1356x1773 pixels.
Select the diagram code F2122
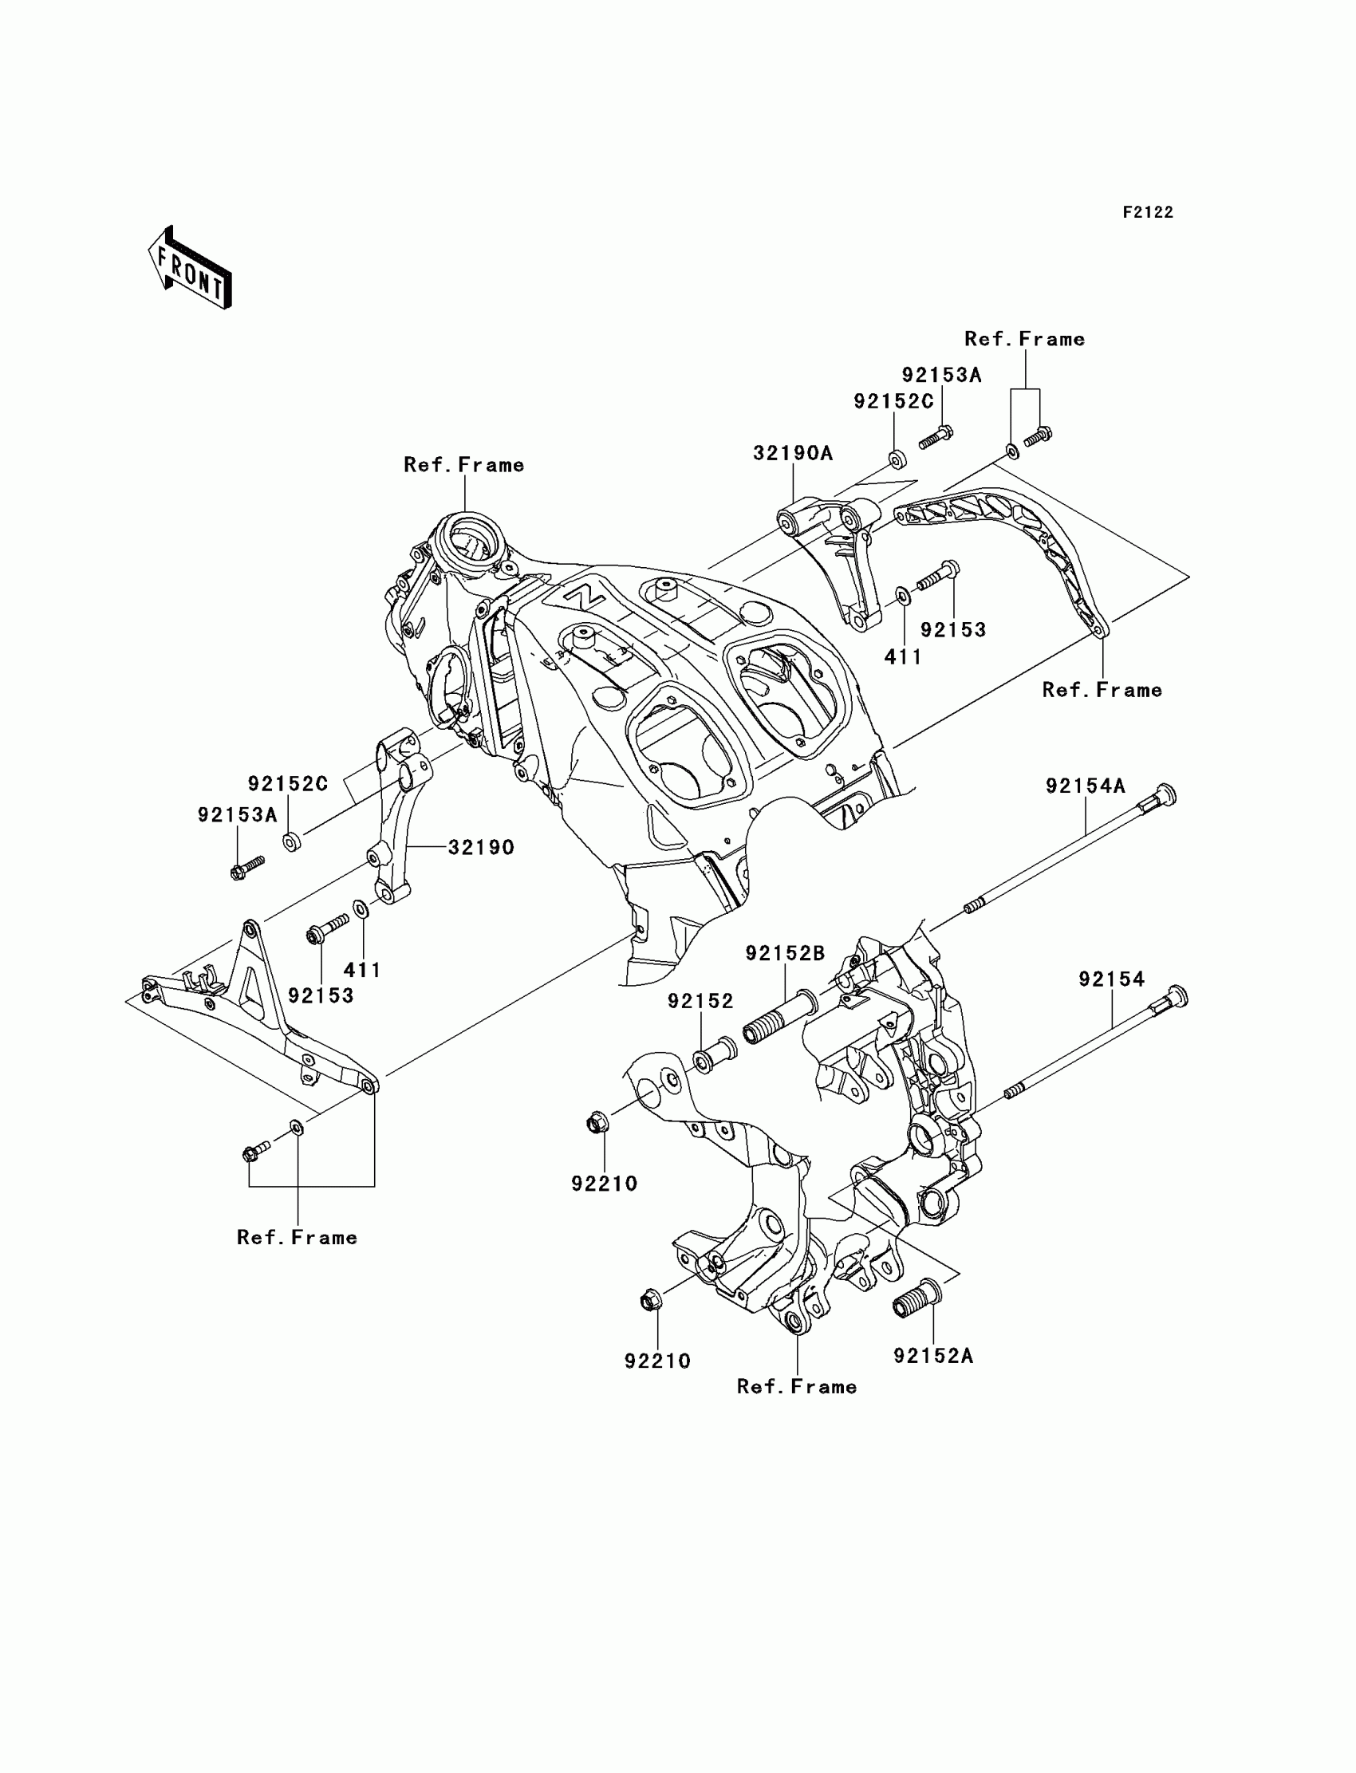click(1148, 213)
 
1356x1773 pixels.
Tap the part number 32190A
click(793, 454)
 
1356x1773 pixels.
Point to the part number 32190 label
click(481, 847)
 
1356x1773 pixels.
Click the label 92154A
click(1085, 786)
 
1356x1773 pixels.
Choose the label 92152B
click(785, 954)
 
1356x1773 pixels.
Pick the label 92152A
click(933, 1357)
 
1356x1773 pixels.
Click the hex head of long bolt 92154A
click(1165, 795)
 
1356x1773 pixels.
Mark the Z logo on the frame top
click(585, 598)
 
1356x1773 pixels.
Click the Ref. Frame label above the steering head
click(464, 465)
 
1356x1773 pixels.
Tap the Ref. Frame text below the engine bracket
click(797, 1386)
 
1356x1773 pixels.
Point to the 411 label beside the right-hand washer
click(903, 657)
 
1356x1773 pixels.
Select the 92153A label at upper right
click(941, 376)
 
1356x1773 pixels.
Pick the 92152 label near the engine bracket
click(700, 1002)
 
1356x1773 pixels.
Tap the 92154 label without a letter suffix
click(1111, 979)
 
